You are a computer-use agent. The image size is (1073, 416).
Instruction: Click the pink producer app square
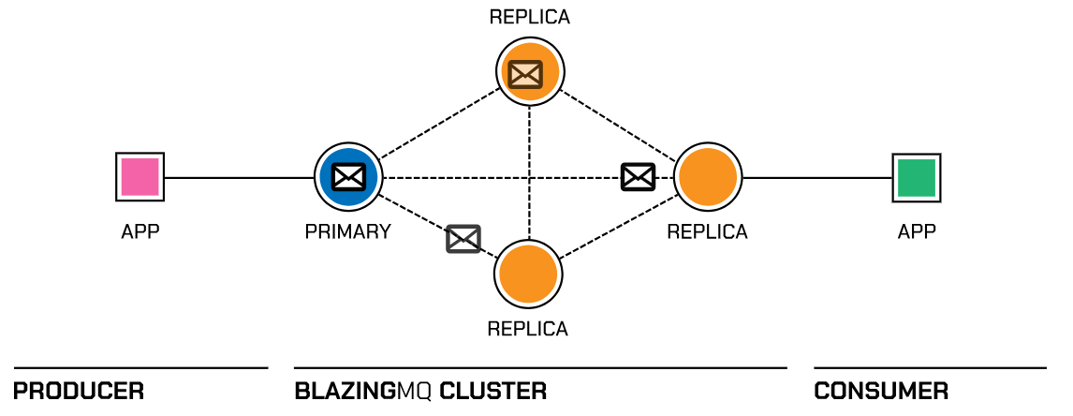pos(140,176)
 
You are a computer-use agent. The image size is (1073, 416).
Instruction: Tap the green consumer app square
pos(917,177)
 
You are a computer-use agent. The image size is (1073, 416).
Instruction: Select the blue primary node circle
pos(348,176)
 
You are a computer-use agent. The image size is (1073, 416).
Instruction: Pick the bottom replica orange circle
pos(529,275)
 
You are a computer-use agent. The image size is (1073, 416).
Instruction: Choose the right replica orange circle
pos(707,176)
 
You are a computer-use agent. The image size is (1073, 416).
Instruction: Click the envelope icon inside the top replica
pos(524,73)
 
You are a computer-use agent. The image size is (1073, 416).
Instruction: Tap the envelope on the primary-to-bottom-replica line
pos(463,239)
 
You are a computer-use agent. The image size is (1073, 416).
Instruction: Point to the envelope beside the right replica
pos(638,176)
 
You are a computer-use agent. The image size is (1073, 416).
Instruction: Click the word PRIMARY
pos(347,231)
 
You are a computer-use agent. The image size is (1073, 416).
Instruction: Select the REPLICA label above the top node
pos(529,17)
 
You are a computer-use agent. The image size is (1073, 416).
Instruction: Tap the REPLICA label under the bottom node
pos(528,329)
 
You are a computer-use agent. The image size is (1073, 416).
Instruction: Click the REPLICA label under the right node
pos(707,231)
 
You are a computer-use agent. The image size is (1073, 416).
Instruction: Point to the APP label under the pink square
pos(140,231)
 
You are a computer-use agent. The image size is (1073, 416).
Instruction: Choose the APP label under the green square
pos(917,231)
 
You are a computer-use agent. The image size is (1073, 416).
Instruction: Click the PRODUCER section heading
pos(80,391)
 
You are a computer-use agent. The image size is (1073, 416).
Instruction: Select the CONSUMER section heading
pos(881,391)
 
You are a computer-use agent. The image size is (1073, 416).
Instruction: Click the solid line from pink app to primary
pos(239,177)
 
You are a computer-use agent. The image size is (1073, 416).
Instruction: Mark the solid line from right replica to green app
pos(815,177)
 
